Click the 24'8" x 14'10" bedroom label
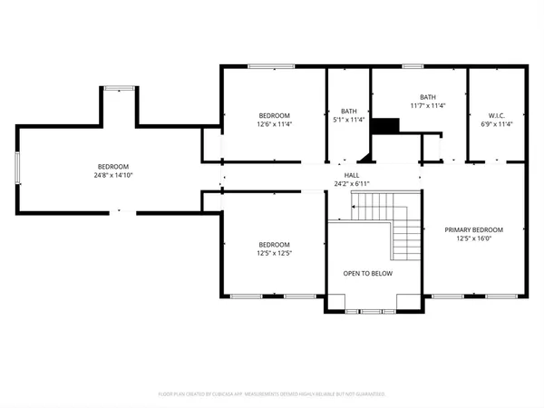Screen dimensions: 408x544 (113, 171)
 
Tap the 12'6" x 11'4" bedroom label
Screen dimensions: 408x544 (274, 121)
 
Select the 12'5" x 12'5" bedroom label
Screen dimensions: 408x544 (274, 249)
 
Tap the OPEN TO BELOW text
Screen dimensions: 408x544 (364, 273)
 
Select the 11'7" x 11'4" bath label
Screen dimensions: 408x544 (427, 102)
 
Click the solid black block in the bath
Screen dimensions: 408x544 (387, 126)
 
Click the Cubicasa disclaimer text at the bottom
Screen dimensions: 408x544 (272, 394)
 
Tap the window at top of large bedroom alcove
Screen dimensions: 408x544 (117, 88)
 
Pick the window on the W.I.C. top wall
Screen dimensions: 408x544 (495, 65)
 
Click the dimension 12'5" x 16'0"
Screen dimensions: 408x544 (473, 239)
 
